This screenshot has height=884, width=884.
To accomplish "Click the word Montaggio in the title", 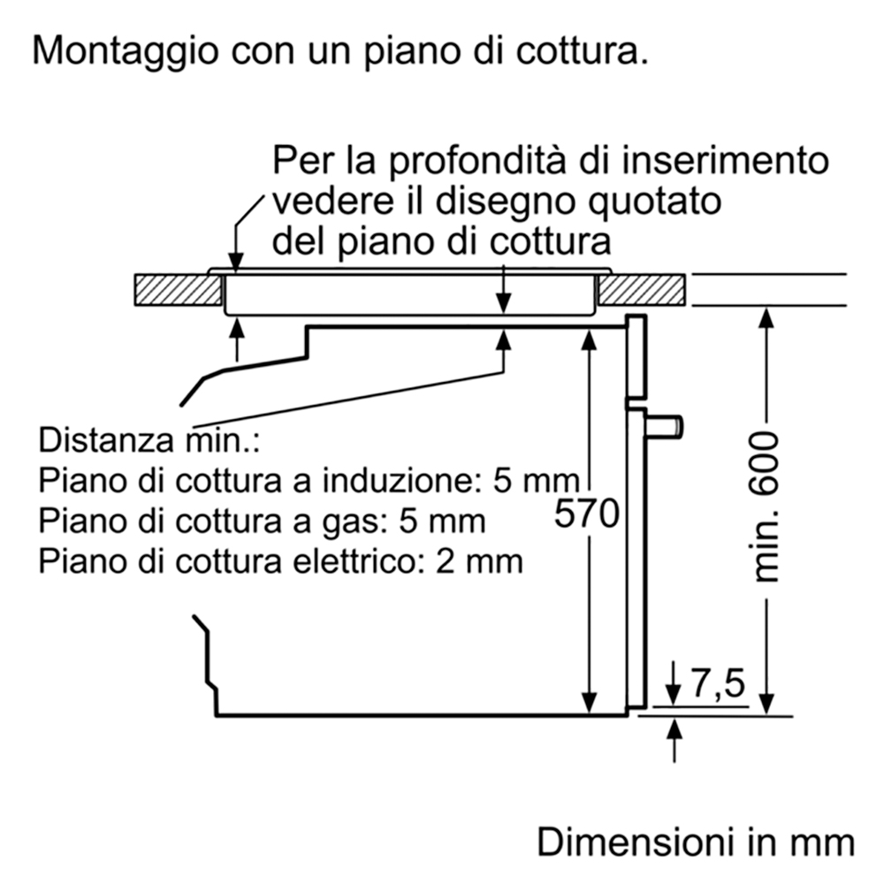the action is [126, 52].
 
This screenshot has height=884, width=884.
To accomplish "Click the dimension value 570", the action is [586, 514].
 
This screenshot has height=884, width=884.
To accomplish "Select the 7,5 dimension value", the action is [718, 684].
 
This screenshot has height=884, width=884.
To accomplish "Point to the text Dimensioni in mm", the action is [696, 842].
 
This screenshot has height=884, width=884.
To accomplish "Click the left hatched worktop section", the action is [179, 290].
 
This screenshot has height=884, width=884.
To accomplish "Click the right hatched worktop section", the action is [642, 290].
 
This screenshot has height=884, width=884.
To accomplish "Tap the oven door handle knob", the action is [666, 426].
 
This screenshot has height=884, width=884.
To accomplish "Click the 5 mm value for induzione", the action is [537, 481].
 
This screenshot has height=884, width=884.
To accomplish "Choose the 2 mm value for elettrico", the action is [480, 561].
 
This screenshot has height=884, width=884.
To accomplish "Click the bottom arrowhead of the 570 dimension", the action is [589, 703].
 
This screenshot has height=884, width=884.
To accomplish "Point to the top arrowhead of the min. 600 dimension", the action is [766, 318].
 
